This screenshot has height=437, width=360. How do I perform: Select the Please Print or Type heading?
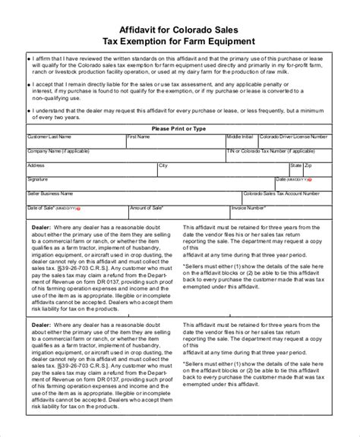[179, 129]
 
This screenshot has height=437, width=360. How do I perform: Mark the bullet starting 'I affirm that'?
[29, 57]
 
